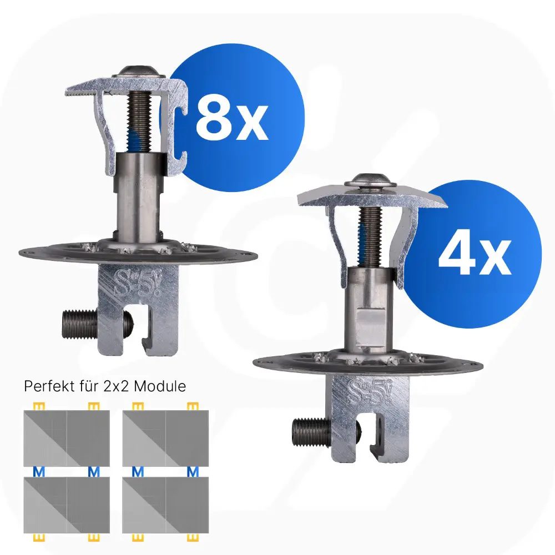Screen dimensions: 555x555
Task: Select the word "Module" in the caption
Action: (160, 386)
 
